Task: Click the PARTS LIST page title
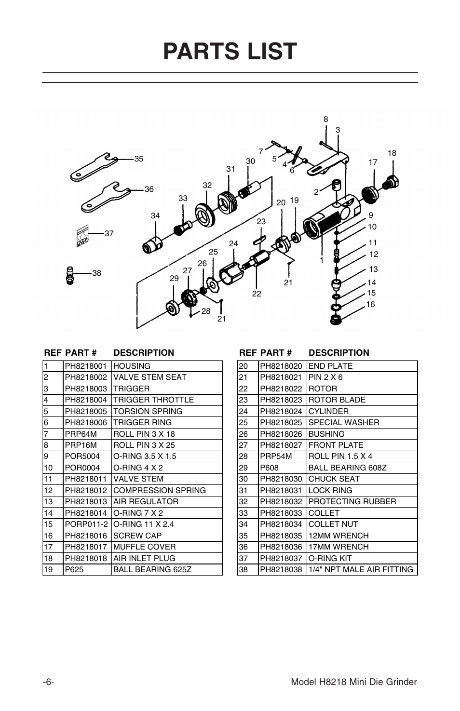[230, 52]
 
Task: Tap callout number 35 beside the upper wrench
[139, 159]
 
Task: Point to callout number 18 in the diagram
[392, 153]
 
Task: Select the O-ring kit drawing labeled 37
[82, 235]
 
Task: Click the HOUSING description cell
[132, 366]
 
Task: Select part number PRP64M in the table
[81, 434]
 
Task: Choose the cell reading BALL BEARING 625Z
[152, 569]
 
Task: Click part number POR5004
[82, 456]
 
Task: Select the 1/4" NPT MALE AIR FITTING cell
[361, 569]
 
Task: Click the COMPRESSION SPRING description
[159, 490]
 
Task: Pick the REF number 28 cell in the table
[244, 456]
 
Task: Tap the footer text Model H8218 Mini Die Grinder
[354, 682]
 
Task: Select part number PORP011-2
[86, 524]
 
